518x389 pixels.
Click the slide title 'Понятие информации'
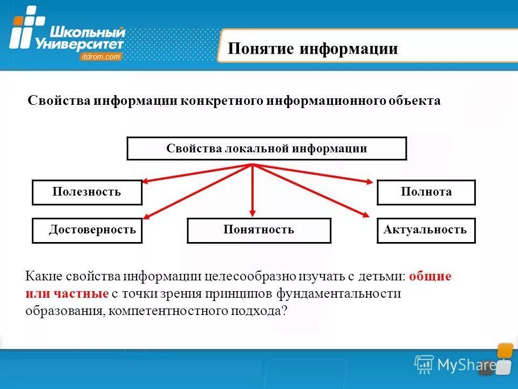312,49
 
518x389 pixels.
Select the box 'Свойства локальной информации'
267,149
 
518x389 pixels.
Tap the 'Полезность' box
87,192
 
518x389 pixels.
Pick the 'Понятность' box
258,230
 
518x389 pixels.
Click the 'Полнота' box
426,192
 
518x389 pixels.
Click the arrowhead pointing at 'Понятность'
253,214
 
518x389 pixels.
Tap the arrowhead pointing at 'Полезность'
146,182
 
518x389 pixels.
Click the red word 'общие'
430,277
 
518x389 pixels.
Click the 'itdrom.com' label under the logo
101,56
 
